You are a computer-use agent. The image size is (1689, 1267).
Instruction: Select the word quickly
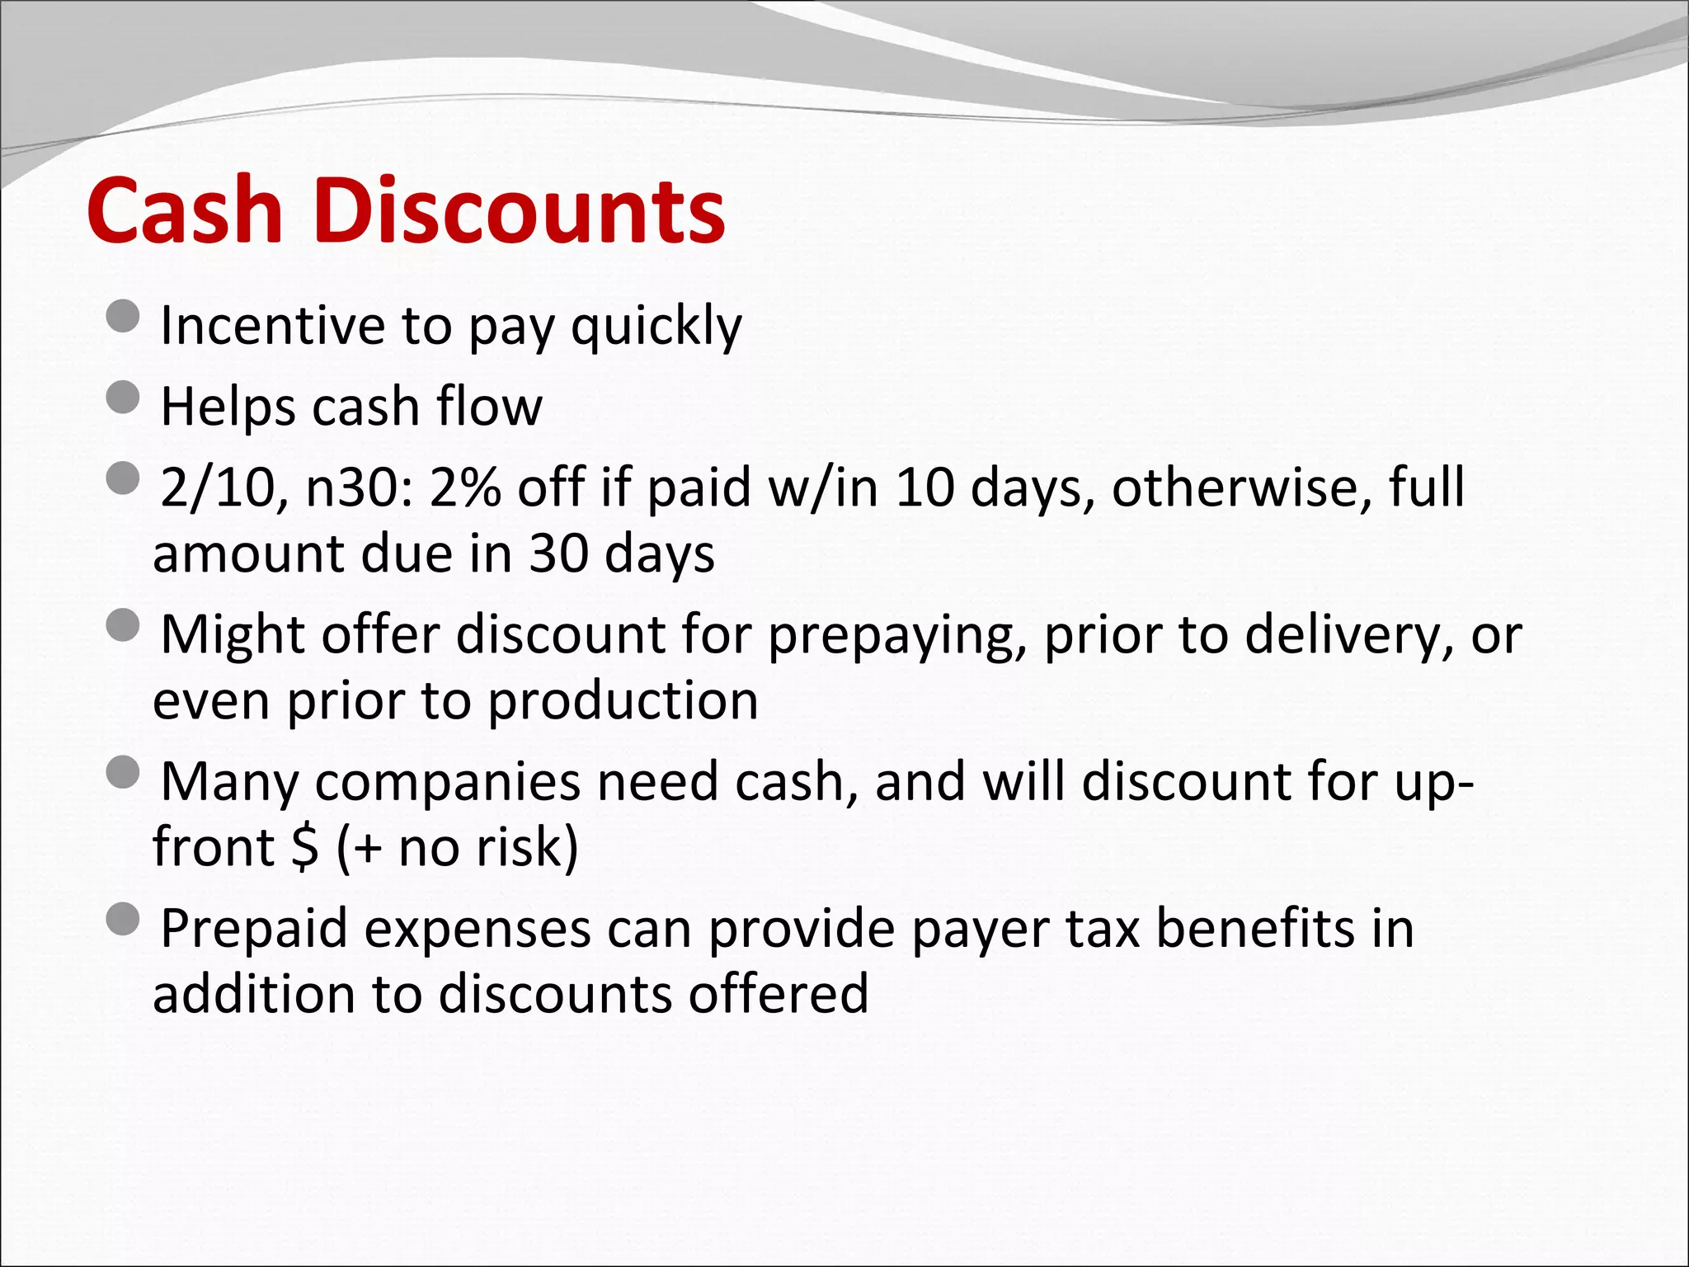coord(656,327)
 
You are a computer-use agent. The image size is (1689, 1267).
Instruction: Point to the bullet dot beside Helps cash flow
coord(124,397)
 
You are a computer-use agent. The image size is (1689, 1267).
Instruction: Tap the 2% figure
coord(465,487)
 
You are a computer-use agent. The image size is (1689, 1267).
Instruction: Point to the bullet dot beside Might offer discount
coord(124,625)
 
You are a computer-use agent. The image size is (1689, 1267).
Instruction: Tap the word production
coord(623,701)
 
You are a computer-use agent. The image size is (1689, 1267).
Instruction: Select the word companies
coord(448,782)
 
